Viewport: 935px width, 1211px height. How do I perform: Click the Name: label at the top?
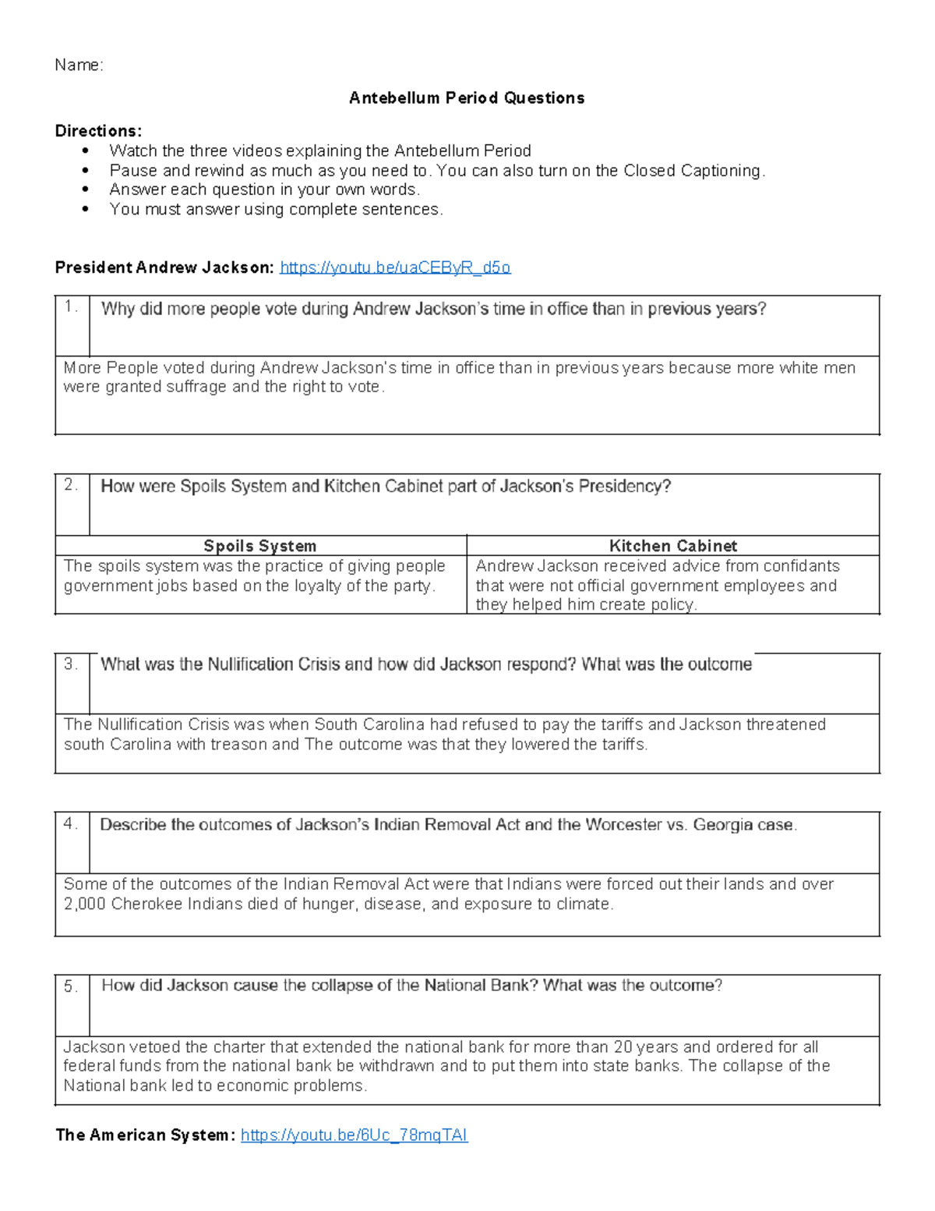click(78, 66)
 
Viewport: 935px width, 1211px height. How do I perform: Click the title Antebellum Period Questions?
click(466, 98)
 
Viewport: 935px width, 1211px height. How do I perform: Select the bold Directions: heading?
click(98, 131)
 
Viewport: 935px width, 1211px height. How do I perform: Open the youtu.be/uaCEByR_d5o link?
click(394, 268)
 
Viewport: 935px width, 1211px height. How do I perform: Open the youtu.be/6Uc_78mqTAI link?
click(354, 1135)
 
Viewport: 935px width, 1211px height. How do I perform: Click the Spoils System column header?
click(259, 546)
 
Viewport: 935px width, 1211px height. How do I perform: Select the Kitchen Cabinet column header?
click(672, 546)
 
